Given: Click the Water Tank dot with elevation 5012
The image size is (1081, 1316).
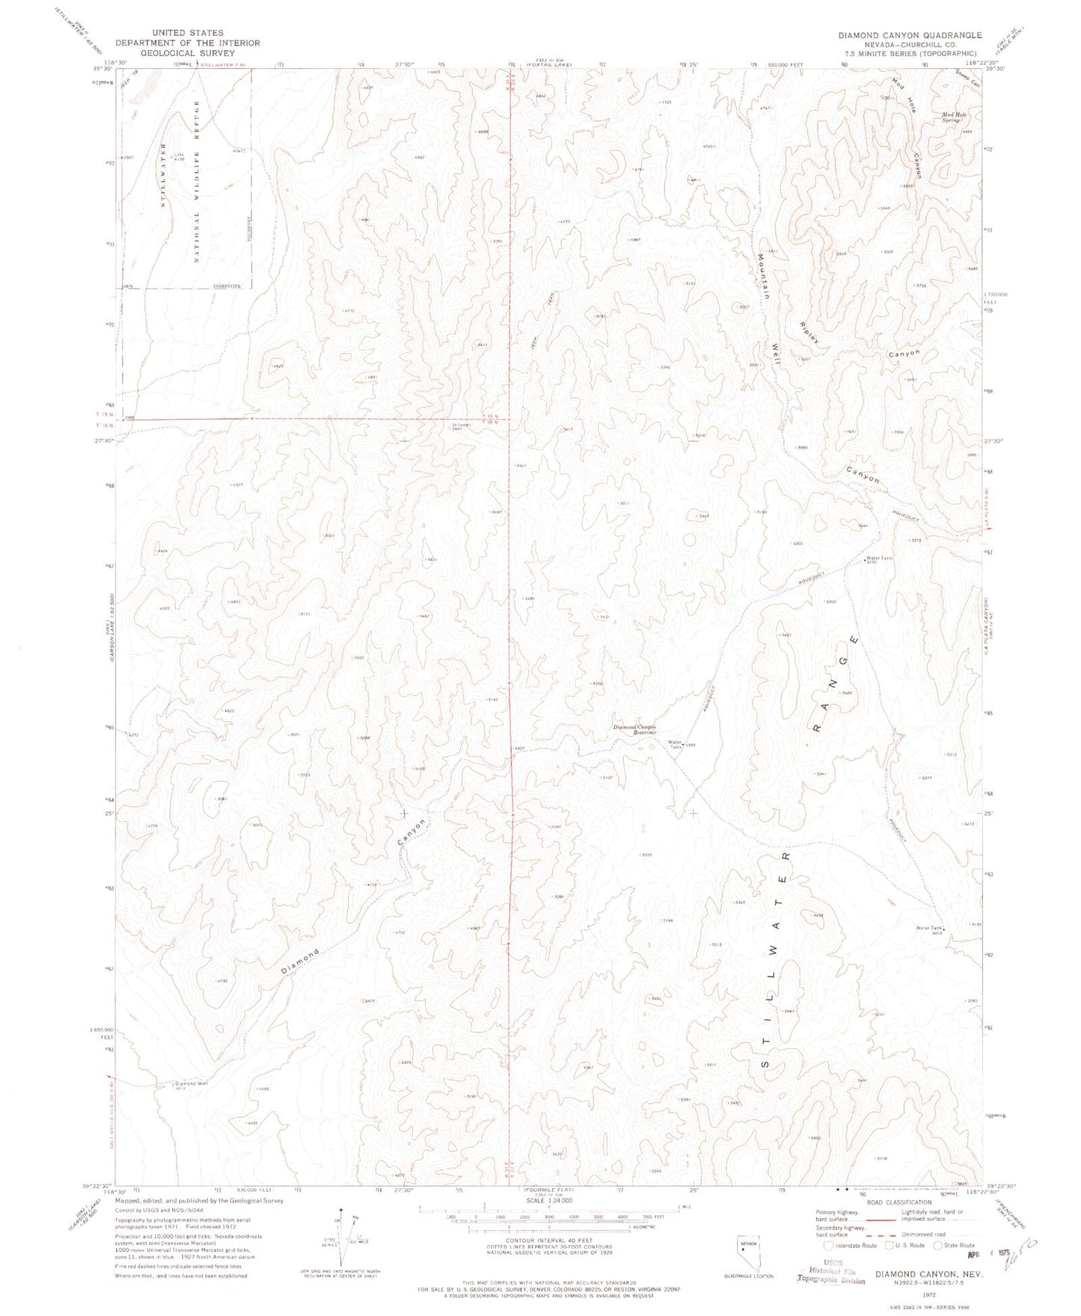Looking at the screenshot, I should click(x=943, y=930).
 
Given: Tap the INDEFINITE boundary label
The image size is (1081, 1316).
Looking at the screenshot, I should click(x=230, y=287).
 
